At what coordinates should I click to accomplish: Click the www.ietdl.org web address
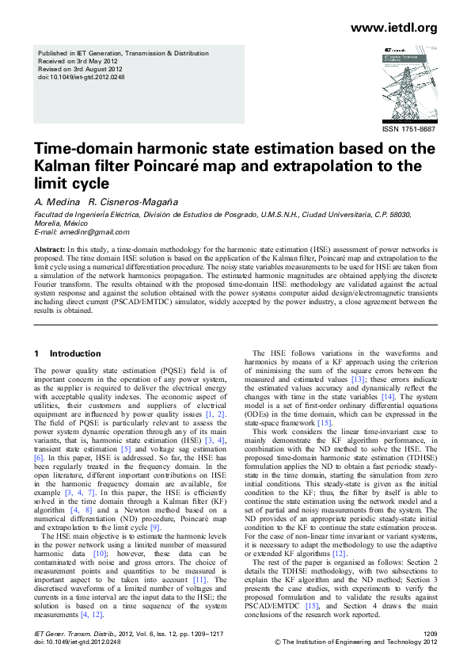[393, 29]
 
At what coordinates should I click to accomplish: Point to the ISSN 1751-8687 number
[408, 128]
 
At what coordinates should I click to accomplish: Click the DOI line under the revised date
[77, 78]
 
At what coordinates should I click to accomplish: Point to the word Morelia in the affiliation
[47, 223]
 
